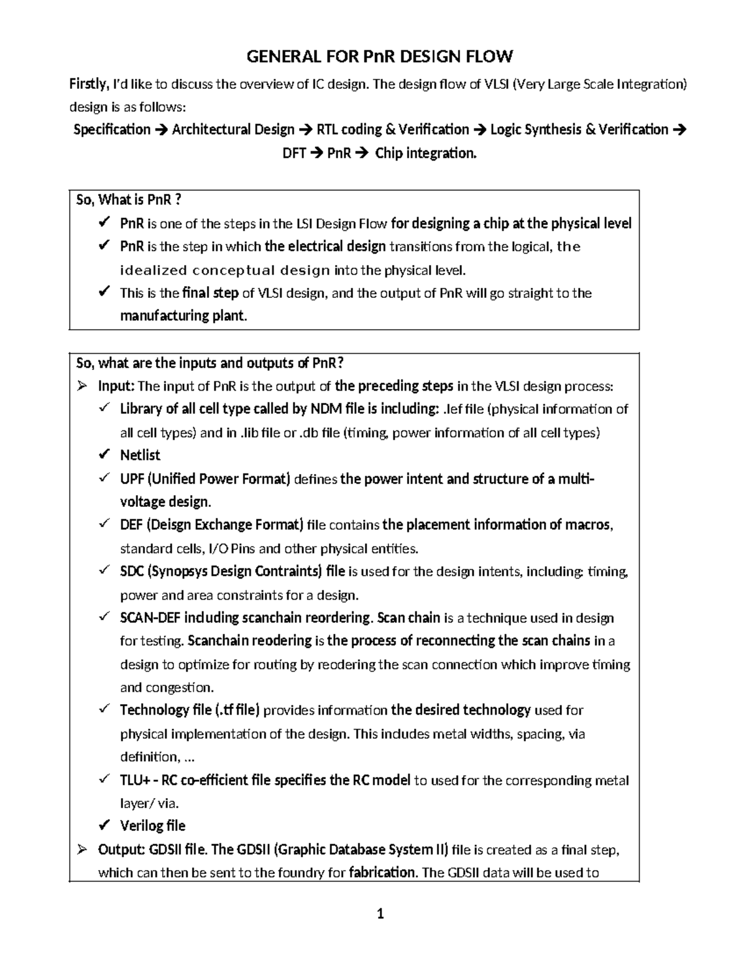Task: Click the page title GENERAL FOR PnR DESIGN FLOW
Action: point(380,57)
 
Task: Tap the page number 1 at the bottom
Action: point(380,914)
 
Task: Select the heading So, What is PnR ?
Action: point(128,200)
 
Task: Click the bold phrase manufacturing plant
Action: point(183,316)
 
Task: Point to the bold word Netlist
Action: point(140,455)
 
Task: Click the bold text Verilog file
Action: point(152,826)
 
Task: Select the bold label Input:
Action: point(116,386)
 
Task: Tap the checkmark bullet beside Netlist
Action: point(104,455)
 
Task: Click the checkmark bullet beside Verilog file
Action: point(104,825)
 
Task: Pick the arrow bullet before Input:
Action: point(81,386)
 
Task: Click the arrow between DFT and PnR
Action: point(316,154)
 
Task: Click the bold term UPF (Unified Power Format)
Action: point(205,479)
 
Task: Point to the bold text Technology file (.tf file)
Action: point(190,710)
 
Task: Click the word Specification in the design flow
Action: point(112,130)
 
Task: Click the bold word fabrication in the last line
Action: point(382,873)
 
